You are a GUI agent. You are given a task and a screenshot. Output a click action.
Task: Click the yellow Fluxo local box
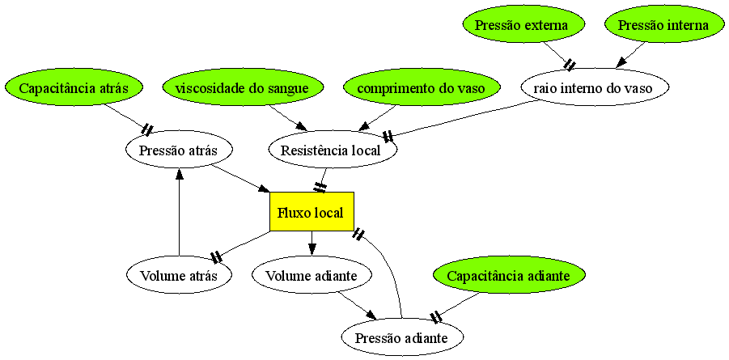pos(312,212)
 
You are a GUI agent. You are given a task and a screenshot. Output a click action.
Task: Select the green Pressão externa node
pos(521,25)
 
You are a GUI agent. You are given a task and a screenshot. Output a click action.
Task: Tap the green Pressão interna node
pos(663,25)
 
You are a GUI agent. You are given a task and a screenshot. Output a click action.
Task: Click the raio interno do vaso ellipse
pos(594,87)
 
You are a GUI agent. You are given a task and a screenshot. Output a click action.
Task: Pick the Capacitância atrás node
pos(74,87)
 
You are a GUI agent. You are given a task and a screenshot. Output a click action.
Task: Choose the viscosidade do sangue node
pos(242,87)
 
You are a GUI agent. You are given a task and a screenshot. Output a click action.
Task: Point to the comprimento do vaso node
pos(417,87)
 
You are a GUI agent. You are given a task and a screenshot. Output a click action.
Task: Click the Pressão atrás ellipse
pos(179,150)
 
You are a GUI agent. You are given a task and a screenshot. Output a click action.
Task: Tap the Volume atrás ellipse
pos(179,275)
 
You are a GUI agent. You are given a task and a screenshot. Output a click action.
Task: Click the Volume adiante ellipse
pos(312,275)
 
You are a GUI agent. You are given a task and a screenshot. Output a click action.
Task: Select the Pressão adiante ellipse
pos(402,337)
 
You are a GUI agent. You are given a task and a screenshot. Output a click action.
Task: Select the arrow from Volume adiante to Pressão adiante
pos(357,307)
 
